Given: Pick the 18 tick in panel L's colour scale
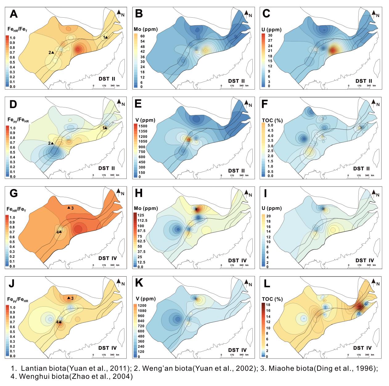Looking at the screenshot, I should click(x=268, y=305).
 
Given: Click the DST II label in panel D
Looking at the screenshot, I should click(x=107, y=168).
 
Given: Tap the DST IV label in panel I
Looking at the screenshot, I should click(x=363, y=260).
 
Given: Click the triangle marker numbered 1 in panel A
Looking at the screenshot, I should click(x=106, y=37).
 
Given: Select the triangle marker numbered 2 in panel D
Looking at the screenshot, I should click(x=53, y=143).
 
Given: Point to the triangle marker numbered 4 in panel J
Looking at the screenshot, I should click(x=60, y=322).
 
